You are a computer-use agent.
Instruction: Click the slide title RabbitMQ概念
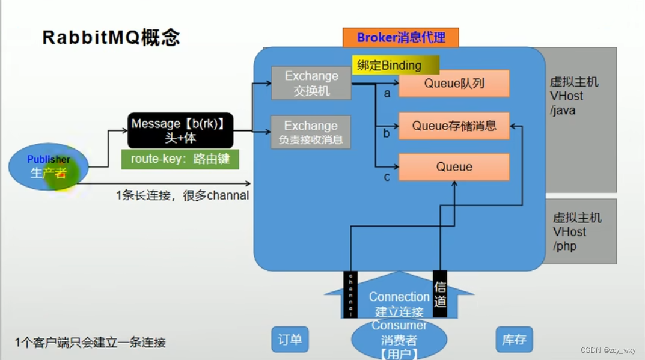pos(111,37)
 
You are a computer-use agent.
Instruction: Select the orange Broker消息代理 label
pos(401,38)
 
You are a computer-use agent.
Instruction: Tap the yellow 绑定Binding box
pos(396,66)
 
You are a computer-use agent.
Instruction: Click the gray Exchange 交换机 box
pos(311,83)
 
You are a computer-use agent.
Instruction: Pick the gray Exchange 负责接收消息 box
pos(311,132)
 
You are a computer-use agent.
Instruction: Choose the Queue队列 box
pos(454,83)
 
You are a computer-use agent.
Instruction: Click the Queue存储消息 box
pos(454,126)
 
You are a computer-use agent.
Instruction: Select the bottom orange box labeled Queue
pos(454,167)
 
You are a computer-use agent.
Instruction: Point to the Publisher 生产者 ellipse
pos(48,166)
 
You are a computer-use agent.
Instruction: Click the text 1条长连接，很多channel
pos(182,195)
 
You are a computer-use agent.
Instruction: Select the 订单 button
pos(289,340)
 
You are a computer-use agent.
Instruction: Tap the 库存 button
pos(514,340)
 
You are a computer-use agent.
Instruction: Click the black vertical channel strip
pos(350,294)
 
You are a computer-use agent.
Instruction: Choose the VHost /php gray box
pos(580,231)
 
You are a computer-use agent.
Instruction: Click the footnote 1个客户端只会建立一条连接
pos(90,343)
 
